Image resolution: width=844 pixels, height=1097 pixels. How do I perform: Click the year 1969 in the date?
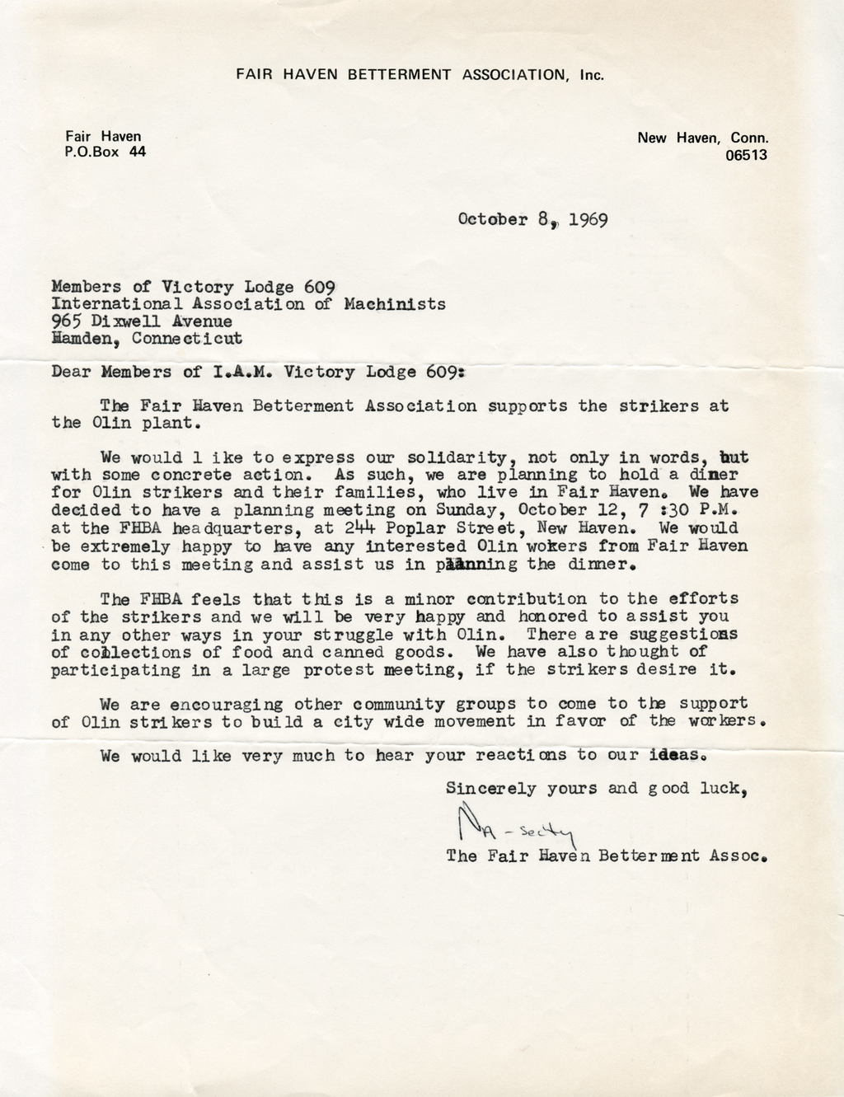[587, 220]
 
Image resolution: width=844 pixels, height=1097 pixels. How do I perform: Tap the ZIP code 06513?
[747, 154]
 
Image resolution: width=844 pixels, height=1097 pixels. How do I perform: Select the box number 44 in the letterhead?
[137, 152]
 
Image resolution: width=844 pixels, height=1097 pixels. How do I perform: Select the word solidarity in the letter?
[443, 457]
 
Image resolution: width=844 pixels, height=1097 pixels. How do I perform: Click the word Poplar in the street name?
[376, 527]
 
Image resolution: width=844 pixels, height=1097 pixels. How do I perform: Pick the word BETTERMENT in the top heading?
[400, 74]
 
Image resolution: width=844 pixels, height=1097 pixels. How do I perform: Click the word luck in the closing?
[726, 788]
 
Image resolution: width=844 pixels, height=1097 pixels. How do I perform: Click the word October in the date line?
[492, 220]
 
